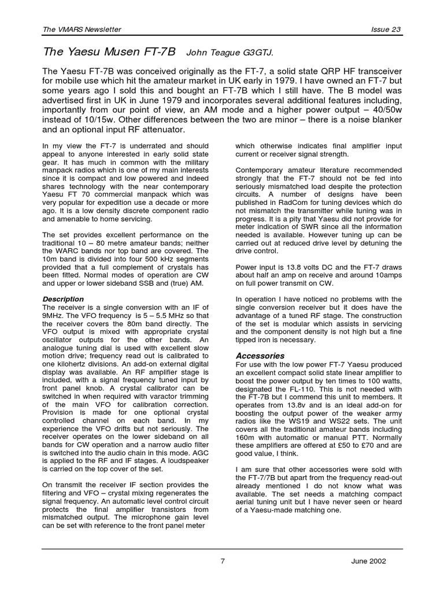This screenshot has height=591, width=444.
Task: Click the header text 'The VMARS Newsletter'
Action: pyautogui.click(x=82, y=30)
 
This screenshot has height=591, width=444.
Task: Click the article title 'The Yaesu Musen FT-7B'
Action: pyautogui.click(x=109, y=52)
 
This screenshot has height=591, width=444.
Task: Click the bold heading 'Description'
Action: pyautogui.click(x=63, y=299)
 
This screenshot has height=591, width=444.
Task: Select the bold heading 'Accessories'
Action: pyautogui.click(x=260, y=356)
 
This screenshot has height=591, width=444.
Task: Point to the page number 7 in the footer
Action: pyautogui.click(x=222, y=561)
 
